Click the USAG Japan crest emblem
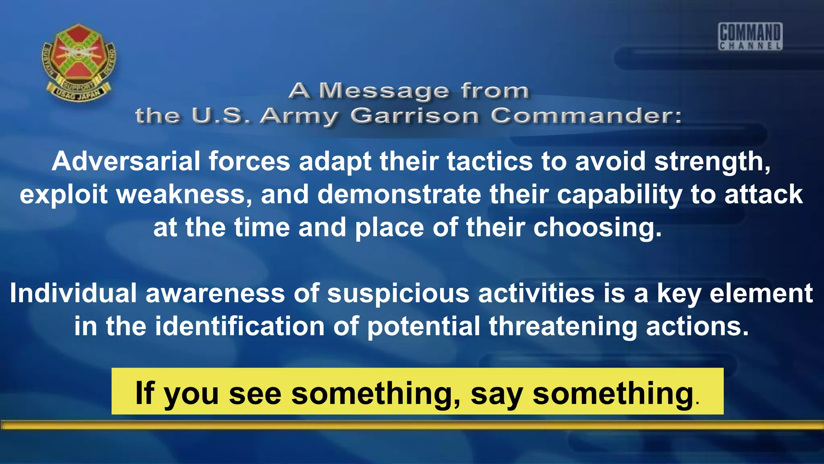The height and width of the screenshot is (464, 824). coord(79,62)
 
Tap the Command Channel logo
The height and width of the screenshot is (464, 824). coord(750,37)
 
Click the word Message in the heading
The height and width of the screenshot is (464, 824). coord(384,91)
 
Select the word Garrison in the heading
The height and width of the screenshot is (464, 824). coord(414,116)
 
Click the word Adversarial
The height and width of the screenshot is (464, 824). coord(126,161)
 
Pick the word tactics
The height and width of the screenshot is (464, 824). coord(490,161)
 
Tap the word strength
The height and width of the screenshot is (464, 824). coord(711,162)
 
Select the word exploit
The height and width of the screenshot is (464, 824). coord(64,195)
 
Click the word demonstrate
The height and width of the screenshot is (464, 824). coord(399,195)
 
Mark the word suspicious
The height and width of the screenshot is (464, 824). coord(398,294)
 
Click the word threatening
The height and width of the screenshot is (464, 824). coord(563,327)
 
